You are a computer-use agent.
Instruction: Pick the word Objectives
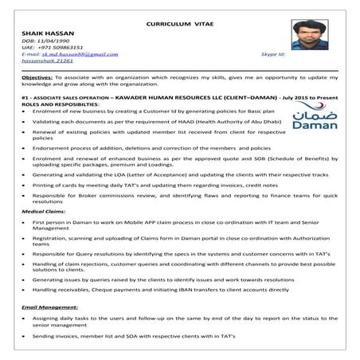coord(37,80)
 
